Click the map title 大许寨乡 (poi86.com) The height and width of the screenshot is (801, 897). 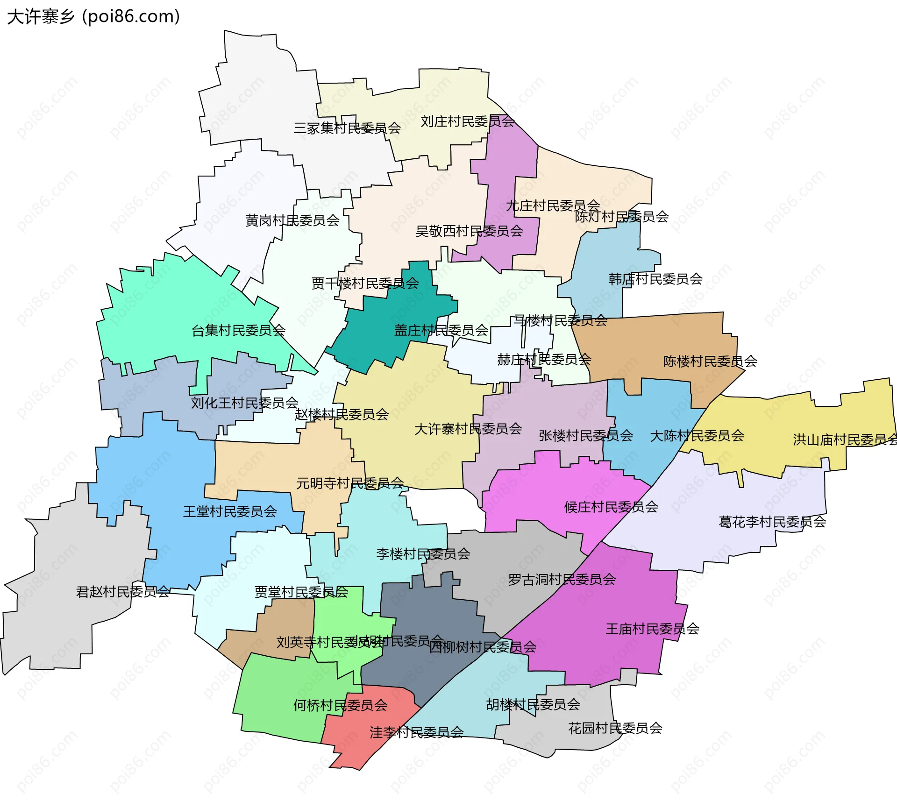pyautogui.click(x=93, y=16)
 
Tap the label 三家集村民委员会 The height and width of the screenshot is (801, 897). pyautogui.click(x=347, y=128)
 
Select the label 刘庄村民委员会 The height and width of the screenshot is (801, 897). pyautogui.click(x=467, y=121)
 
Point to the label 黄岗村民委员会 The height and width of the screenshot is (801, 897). pyautogui.click(x=292, y=220)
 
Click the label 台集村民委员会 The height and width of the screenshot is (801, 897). pyautogui.click(x=238, y=331)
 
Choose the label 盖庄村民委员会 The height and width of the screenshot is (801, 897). pyautogui.click(x=441, y=331)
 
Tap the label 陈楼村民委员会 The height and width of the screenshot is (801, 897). pyautogui.click(x=710, y=361)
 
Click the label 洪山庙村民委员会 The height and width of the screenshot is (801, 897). pyautogui.click(x=844, y=439)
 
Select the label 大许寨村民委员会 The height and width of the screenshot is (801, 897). pyautogui.click(x=468, y=429)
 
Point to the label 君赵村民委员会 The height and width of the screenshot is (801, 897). pyautogui.click(x=123, y=592)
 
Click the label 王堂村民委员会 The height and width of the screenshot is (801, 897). pyautogui.click(x=230, y=511)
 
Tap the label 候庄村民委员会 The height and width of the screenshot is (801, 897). pyautogui.click(x=611, y=507)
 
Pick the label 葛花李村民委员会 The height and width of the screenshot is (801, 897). pyautogui.click(x=772, y=522)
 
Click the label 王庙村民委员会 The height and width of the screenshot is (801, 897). pyautogui.click(x=652, y=629)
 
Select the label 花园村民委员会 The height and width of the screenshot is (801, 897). pyautogui.click(x=615, y=728)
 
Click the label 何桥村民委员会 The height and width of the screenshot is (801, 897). pyautogui.click(x=340, y=705)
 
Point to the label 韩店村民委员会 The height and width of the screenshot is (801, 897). pyautogui.click(x=655, y=279)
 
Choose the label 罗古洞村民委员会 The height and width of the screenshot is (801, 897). pyautogui.click(x=562, y=580)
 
